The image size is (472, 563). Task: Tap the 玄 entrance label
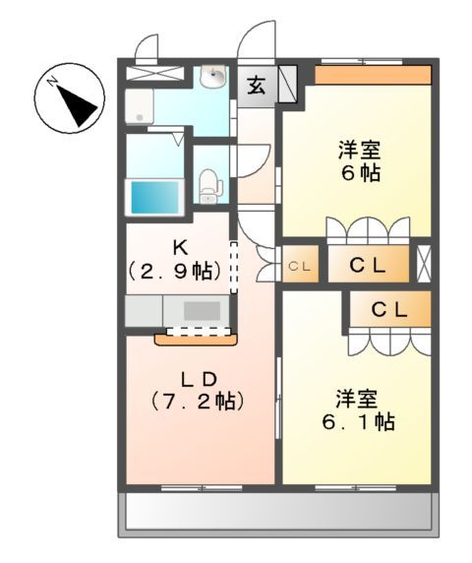click(256, 86)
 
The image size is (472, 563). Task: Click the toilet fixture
click(208, 183)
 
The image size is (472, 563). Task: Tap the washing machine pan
click(139, 107)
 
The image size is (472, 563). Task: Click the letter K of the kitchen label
click(179, 245)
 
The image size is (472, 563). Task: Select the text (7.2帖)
click(197, 402)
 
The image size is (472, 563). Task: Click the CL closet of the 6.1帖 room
click(388, 308)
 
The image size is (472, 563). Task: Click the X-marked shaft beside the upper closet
click(424, 263)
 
